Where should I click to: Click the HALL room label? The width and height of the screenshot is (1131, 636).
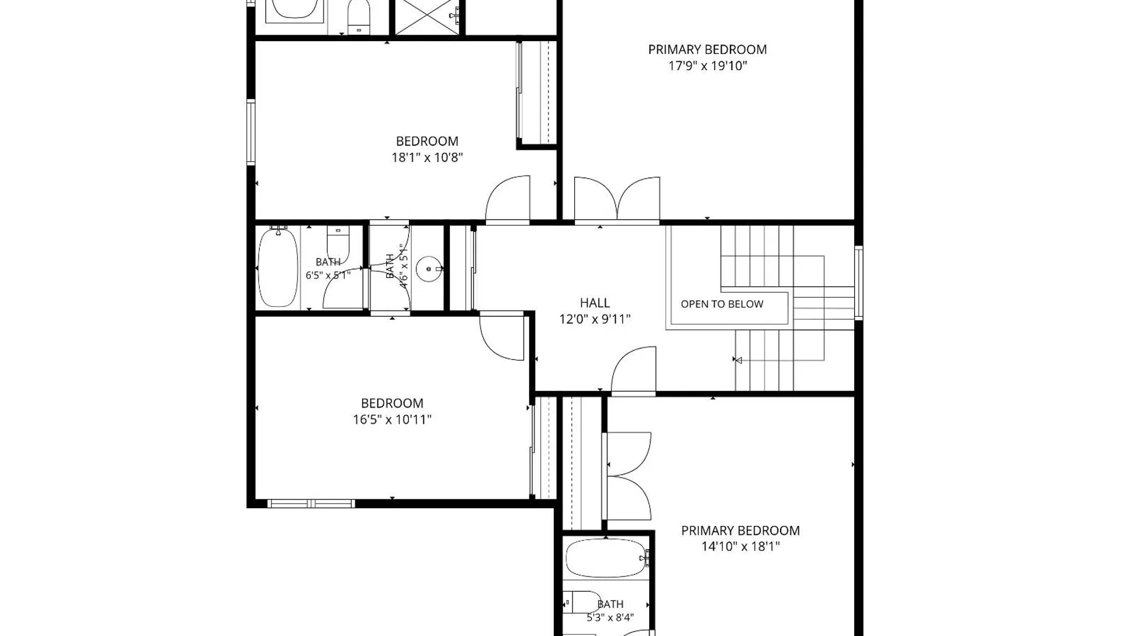click(594, 303)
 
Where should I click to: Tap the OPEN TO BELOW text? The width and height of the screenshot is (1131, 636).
click(722, 304)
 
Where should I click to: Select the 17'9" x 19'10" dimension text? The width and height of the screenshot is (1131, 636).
click(707, 65)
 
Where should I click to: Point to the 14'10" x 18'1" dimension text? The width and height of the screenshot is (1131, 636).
click(740, 546)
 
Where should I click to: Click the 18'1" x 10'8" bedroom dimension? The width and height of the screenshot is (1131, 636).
click(427, 157)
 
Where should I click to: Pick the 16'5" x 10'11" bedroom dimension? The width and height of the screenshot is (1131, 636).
click(392, 419)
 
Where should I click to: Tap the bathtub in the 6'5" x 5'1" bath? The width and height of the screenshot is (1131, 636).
click(278, 268)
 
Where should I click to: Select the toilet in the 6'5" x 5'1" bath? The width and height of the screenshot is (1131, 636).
click(338, 244)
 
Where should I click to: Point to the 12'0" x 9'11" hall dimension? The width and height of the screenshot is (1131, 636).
click(594, 319)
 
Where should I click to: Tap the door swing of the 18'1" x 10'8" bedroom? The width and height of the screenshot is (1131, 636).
click(507, 199)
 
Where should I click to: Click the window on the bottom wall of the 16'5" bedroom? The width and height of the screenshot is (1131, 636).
click(311, 503)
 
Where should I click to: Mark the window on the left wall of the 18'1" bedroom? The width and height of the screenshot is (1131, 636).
click(251, 132)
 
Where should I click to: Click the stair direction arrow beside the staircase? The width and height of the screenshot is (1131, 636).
click(737, 360)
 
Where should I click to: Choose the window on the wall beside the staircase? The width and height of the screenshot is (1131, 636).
click(859, 283)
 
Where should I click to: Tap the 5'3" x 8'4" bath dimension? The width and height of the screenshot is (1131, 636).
click(610, 618)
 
